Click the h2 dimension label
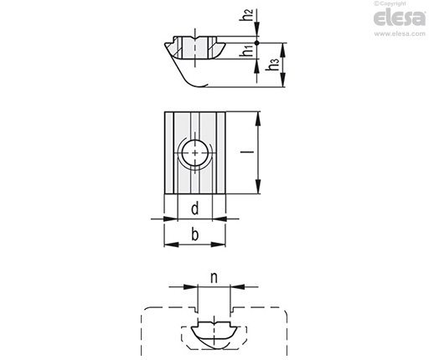click(246, 15)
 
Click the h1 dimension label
click(247, 51)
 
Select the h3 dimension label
click(272, 64)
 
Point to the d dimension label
click(195, 208)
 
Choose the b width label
click(195, 234)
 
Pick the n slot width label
click(214, 278)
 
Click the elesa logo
click(400, 18)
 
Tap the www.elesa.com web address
click(400, 33)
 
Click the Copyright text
click(390, 3)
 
